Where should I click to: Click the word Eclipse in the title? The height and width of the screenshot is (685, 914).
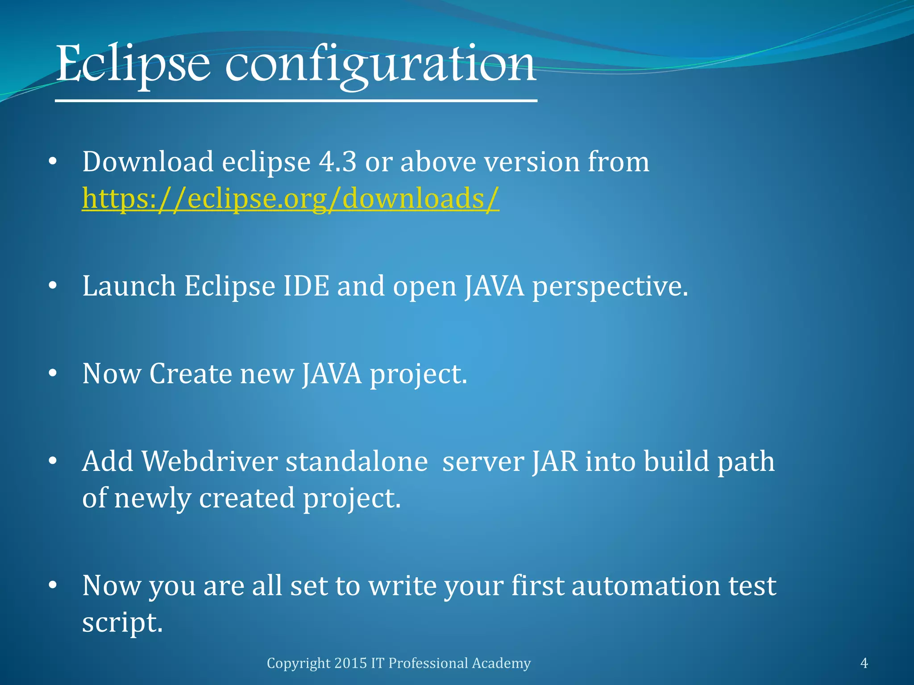coord(133,65)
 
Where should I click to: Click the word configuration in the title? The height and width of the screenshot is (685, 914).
coord(380,65)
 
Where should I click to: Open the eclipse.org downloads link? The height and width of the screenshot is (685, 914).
coord(291,198)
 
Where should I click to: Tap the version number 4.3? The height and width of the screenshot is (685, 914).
coord(337,161)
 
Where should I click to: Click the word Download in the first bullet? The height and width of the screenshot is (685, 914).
coord(148,161)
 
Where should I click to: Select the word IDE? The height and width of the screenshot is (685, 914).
coord(306,286)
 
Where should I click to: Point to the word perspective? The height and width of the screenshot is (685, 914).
coord(610,286)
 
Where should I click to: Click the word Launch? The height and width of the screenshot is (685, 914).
coord(129,286)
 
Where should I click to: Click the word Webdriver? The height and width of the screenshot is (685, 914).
coord(210,461)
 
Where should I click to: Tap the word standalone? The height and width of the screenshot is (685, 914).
coord(357,461)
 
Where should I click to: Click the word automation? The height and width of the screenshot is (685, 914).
coord(645,586)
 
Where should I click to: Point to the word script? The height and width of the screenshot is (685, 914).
coord(122,623)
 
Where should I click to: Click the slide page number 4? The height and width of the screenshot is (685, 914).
coord(864,663)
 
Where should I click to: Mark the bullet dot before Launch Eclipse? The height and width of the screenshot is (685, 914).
coord(53,286)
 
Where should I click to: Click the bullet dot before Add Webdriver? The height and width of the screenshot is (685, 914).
coord(53,462)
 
